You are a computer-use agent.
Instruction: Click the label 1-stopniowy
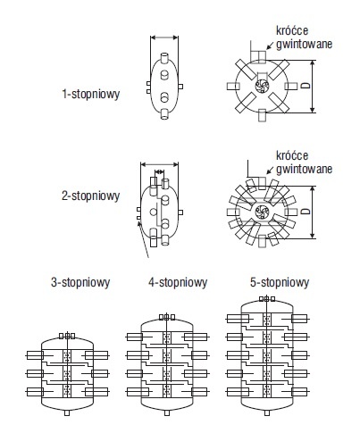(x=91, y=94)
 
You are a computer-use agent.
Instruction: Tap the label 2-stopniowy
(x=91, y=196)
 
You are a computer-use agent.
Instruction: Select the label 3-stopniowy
(x=80, y=282)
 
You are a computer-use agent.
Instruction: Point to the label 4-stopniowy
(x=178, y=282)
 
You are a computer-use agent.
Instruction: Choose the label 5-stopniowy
(x=280, y=282)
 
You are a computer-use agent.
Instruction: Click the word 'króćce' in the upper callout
(x=292, y=30)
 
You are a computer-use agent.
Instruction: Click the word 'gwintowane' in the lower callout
(x=304, y=169)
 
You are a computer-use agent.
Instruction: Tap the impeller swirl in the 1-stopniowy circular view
(x=263, y=87)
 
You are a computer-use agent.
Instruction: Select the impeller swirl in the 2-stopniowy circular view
(x=263, y=212)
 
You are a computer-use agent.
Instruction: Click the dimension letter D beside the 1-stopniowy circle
(x=306, y=86)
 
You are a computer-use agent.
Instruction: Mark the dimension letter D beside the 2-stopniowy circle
(x=306, y=212)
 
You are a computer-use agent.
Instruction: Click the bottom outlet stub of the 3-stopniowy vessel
(x=67, y=412)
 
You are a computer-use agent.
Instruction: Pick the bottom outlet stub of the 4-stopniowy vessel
(x=167, y=412)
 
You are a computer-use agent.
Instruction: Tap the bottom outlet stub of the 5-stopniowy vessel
(x=267, y=412)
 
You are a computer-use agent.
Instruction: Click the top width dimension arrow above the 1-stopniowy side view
(x=164, y=37)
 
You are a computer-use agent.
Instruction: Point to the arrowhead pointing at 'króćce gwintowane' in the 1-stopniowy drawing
(x=269, y=46)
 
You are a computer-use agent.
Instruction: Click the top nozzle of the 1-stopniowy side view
(x=164, y=58)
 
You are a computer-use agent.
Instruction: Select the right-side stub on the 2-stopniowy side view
(x=180, y=212)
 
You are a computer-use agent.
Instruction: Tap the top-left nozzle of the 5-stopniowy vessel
(x=238, y=319)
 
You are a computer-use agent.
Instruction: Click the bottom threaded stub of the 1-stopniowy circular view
(x=262, y=115)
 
